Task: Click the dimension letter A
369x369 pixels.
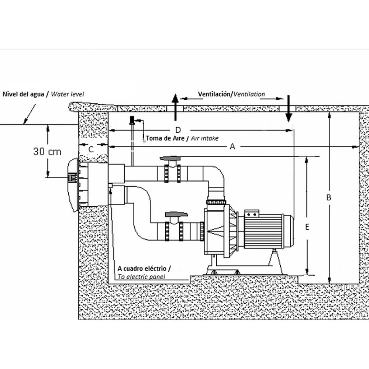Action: click(x=232, y=146)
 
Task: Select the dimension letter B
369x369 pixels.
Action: click(x=329, y=197)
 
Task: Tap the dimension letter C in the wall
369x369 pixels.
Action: click(x=91, y=149)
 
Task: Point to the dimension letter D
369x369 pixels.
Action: click(x=178, y=130)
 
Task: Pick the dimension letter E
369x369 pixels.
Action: click(x=307, y=227)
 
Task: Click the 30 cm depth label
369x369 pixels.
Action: click(x=47, y=152)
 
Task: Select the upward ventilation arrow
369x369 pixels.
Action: click(x=175, y=107)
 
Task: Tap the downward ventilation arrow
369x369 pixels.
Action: click(x=289, y=108)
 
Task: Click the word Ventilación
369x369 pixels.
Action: click(x=214, y=94)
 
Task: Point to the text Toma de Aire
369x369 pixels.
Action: click(x=165, y=138)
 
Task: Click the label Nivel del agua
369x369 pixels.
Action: click(x=23, y=94)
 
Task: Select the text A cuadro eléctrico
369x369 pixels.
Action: click(x=142, y=269)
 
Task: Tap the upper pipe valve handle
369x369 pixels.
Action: click(x=170, y=158)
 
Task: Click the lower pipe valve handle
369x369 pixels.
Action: click(x=176, y=214)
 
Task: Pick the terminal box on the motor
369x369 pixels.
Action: click(x=252, y=213)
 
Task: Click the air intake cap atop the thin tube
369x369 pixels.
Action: click(x=132, y=120)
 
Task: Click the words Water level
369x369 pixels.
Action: click(x=67, y=94)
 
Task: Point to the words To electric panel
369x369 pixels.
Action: click(x=141, y=277)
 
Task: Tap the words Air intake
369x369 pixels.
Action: click(x=204, y=138)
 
